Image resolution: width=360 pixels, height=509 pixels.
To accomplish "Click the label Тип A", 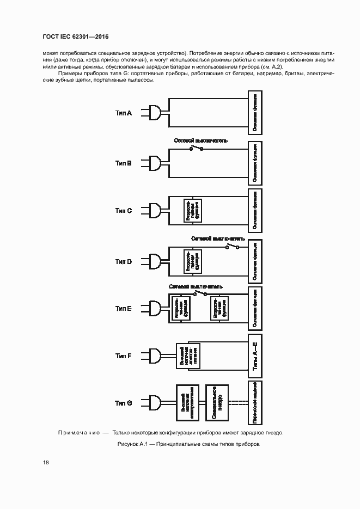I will [124, 113].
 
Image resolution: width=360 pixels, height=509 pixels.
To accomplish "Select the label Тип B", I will [124, 163].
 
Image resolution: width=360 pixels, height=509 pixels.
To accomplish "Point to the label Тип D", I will [124, 261].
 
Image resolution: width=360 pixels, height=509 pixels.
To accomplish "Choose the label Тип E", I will [124, 309].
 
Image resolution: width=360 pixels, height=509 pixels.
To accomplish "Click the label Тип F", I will [124, 355].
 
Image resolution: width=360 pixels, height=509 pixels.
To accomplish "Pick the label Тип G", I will [124, 403].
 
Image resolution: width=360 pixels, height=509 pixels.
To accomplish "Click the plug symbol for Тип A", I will [155, 113].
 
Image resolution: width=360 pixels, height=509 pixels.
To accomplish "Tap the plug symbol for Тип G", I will [155, 403].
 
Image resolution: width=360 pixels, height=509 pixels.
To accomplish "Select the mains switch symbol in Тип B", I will [197, 148].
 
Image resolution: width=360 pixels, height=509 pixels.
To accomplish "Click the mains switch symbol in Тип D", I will [233, 247].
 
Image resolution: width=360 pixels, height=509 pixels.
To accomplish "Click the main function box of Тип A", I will [255, 113].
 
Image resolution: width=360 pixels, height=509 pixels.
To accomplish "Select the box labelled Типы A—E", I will [255, 357].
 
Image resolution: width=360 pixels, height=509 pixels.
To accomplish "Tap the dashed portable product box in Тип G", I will [255, 403].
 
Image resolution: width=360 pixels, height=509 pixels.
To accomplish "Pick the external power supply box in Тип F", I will [185, 355].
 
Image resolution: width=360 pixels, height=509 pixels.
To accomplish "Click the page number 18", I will [46, 462].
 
